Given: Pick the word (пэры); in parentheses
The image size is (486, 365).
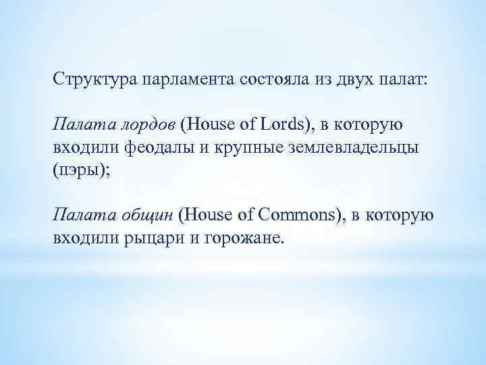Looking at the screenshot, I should pos(77,170).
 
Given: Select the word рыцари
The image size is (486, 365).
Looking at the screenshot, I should pos(153,239).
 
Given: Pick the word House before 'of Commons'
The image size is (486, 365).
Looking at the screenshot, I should pos(209,216).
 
